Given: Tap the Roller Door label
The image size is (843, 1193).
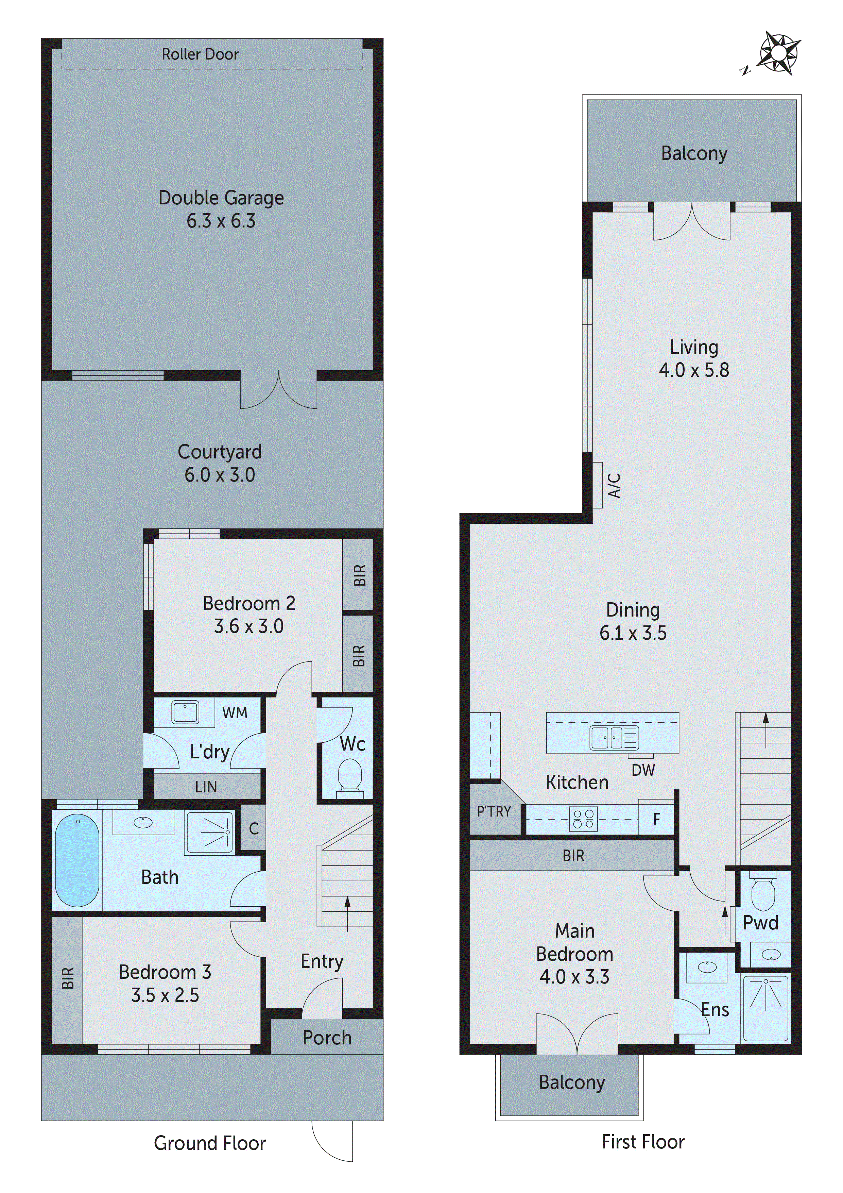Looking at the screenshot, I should (200, 54).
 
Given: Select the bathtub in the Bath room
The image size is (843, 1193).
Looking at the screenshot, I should (77, 860).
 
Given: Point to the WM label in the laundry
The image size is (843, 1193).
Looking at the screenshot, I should (235, 713).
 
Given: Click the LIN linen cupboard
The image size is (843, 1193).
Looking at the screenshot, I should (207, 787).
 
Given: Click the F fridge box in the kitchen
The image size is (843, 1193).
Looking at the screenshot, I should (656, 819).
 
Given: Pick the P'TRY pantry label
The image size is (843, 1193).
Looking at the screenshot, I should (494, 812).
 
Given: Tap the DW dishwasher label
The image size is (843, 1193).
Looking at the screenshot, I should (643, 771).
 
